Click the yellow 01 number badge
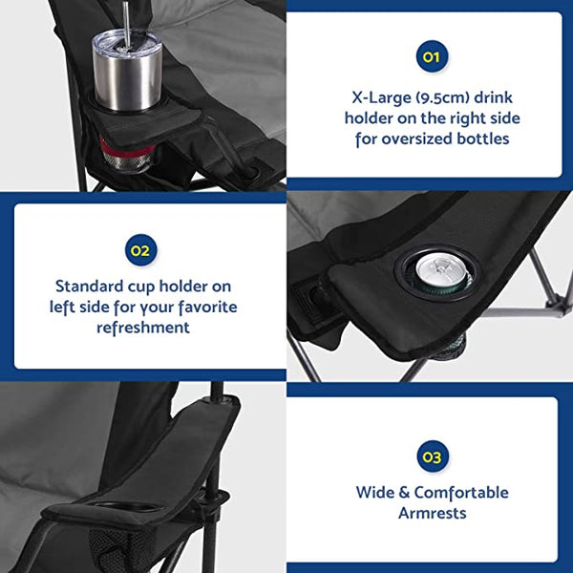(x=431, y=57)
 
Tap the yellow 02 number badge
(x=140, y=250)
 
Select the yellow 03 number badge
(x=432, y=457)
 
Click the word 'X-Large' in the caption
(x=371, y=96)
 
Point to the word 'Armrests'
(x=432, y=514)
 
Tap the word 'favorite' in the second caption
(x=202, y=308)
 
